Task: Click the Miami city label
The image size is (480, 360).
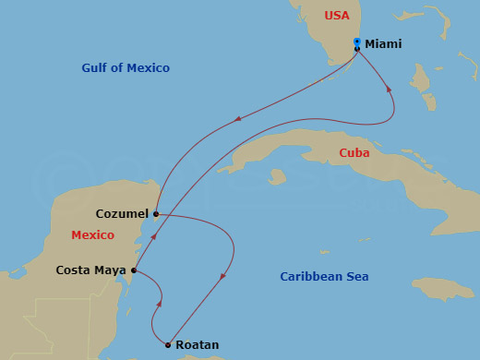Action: click(x=383, y=43)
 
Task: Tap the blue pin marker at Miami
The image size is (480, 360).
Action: click(x=357, y=42)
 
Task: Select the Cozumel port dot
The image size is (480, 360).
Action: click(x=156, y=214)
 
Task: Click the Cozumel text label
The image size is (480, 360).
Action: click(x=122, y=213)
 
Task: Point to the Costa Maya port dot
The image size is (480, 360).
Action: click(x=135, y=270)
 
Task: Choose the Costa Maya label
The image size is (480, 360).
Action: click(x=92, y=270)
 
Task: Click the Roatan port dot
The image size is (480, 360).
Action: click(x=168, y=345)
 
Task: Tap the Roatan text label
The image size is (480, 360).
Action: click(x=197, y=345)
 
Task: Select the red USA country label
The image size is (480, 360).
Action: click(x=338, y=16)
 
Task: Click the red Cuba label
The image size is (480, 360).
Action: click(x=354, y=153)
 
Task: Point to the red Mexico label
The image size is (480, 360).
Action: click(x=93, y=235)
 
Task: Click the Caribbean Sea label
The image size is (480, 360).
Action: click(x=324, y=276)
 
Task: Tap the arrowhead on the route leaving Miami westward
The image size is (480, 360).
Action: click(x=239, y=118)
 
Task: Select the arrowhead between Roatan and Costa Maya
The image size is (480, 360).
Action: click(x=162, y=302)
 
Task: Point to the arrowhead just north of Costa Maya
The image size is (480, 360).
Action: click(x=155, y=237)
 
